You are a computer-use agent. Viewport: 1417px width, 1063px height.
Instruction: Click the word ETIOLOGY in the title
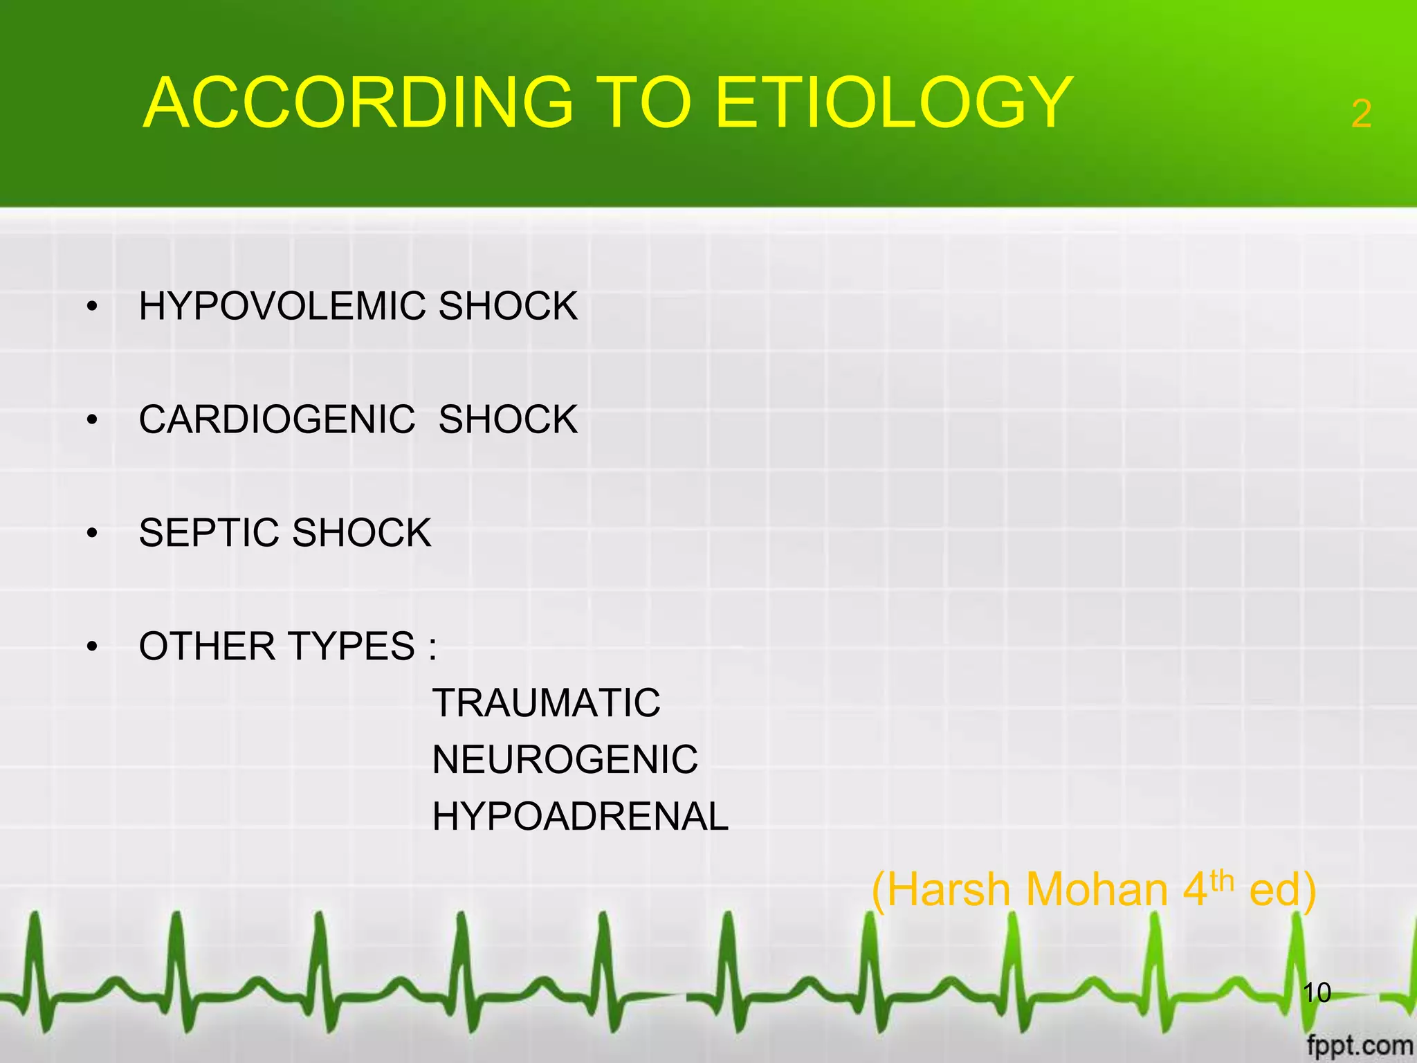tap(893, 104)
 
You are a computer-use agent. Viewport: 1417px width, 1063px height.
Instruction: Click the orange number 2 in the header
tap(1361, 113)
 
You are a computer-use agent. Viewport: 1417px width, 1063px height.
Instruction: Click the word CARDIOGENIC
tap(277, 419)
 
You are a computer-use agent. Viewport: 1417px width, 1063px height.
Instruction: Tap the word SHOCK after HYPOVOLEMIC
tap(508, 306)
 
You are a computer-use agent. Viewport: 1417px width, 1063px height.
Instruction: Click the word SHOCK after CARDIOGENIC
tap(508, 419)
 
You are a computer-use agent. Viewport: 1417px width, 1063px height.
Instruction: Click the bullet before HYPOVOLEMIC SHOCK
tap(92, 307)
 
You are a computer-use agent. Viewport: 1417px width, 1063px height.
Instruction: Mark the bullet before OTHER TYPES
tap(92, 647)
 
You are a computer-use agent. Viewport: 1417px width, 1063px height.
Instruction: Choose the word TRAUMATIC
tap(546, 703)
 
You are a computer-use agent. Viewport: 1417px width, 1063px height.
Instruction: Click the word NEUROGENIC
tap(565, 760)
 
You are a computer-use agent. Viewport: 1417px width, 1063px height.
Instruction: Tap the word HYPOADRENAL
tap(580, 817)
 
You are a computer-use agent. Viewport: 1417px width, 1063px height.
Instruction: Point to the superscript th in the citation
tap(1222, 880)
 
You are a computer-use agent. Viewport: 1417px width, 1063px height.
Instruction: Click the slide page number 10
tap(1317, 992)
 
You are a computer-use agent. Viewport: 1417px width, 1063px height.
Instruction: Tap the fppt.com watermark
tap(1360, 1045)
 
